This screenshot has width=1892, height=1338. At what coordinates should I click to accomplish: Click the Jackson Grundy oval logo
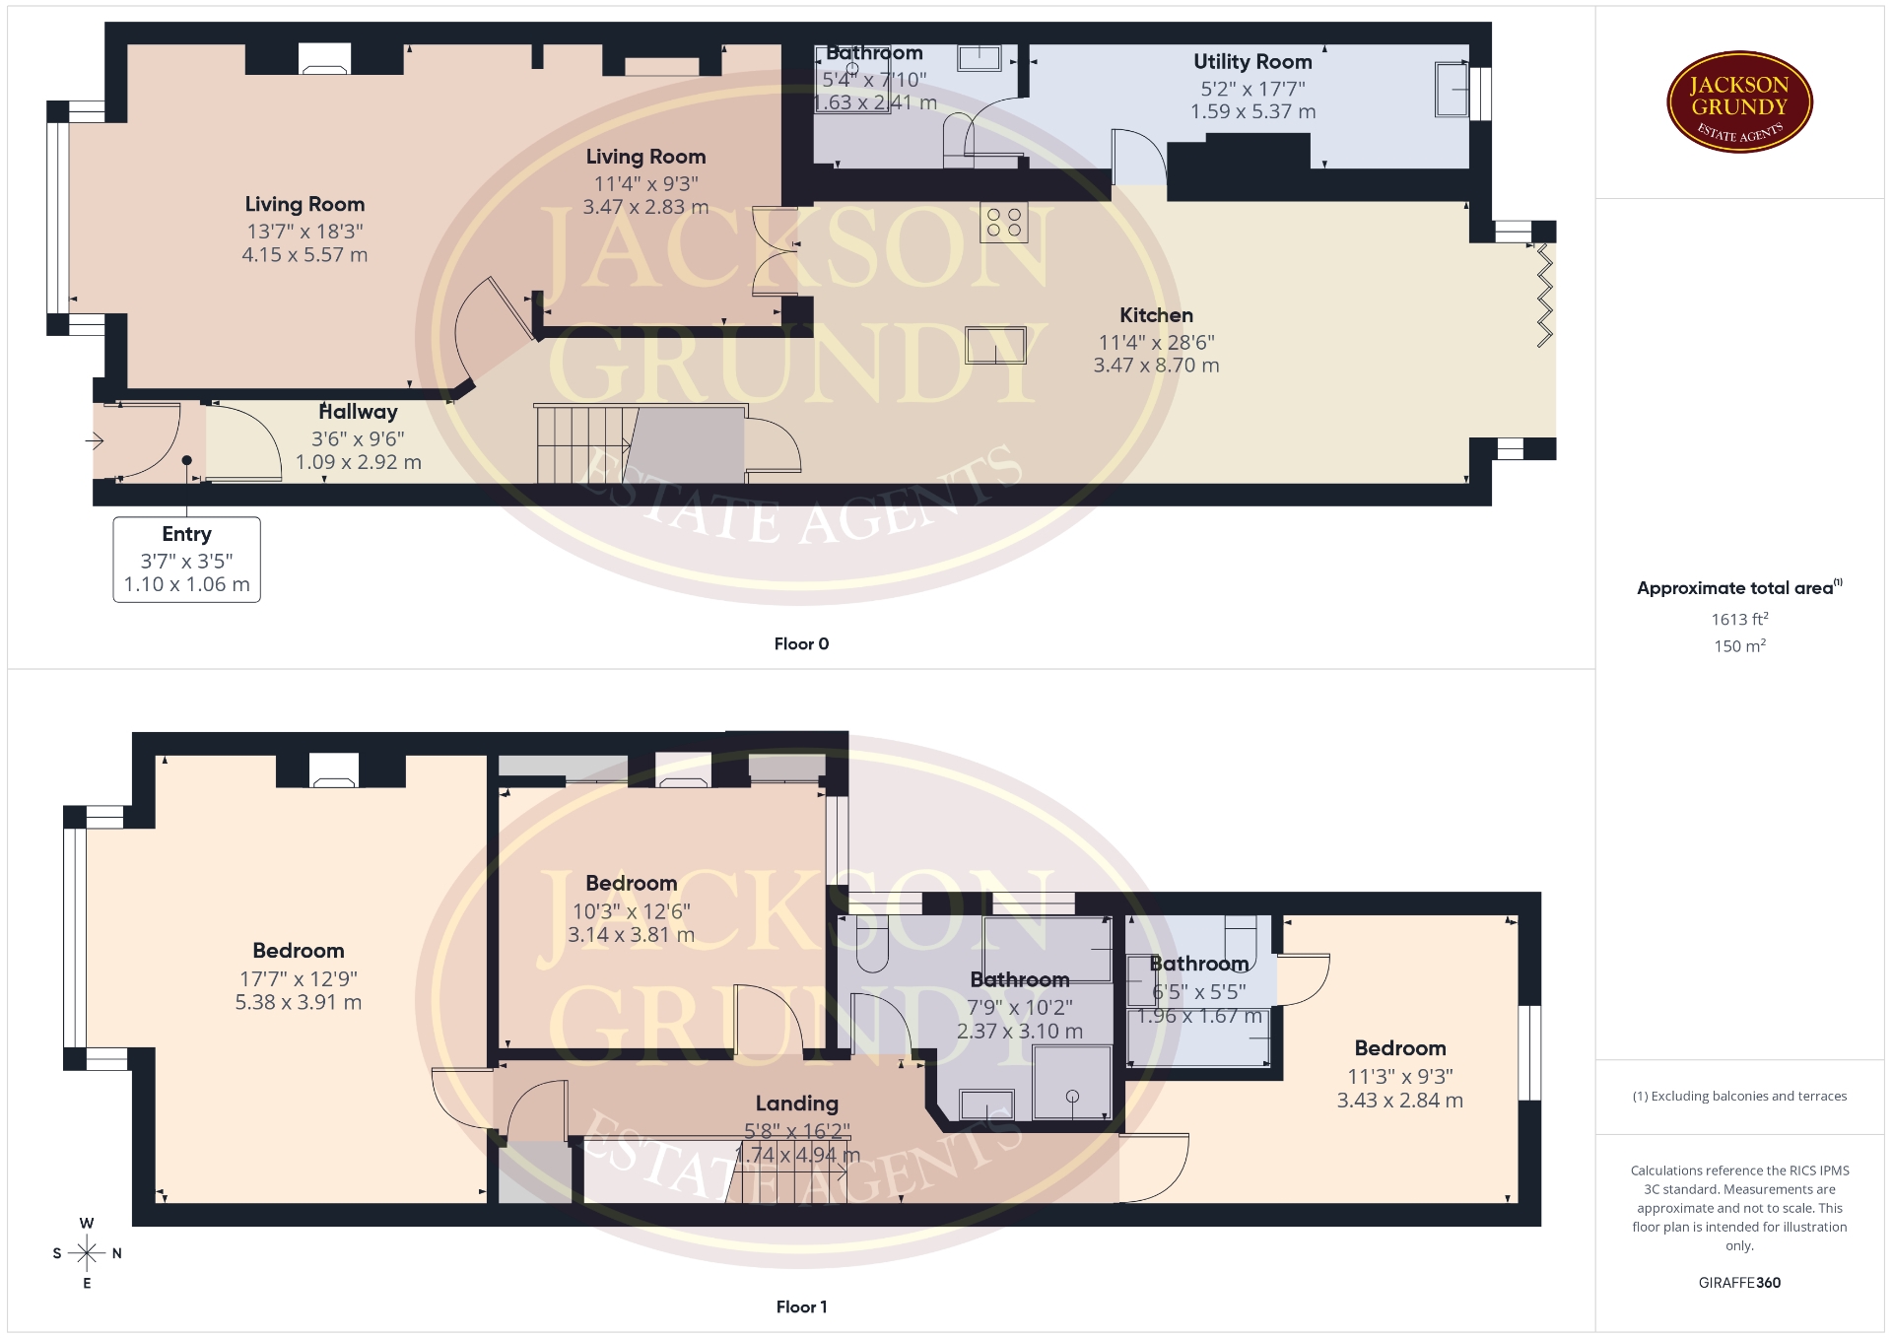pyautogui.click(x=1739, y=102)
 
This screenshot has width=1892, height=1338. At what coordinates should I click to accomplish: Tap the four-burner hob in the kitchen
pyautogui.click(x=1003, y=223)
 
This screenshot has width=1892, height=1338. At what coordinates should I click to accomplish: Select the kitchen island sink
pyautogui.click(x=995, y=345)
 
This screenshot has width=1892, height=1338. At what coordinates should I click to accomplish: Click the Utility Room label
pyautogui.click(x=1252, y=61)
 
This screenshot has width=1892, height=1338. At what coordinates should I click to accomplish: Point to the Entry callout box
pyautogui.click(x=187, y=560)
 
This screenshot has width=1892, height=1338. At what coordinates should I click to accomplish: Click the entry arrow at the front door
pyautogui.click(x=96, y=441)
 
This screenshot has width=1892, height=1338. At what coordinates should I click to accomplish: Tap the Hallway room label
pyautogui.click(x=358, y=412)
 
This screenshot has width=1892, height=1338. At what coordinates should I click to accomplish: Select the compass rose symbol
pyautogui.click(x=87, y=1253)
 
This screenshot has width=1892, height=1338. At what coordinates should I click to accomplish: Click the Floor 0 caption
pyautogui.click(x=801, y=643)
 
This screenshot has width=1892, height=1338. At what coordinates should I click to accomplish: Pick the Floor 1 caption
pyautogui.click(x=801, y=1306)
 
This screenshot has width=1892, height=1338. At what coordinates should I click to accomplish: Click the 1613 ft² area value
pyautogui.click(x=1739, y=619)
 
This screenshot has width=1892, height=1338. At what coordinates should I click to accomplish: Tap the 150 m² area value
pyautogui.click(x=1739, y=646)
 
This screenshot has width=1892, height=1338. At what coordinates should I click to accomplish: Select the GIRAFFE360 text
pyautogui.click(x=1739, y=1282)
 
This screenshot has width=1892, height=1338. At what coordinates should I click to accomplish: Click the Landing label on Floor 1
pyautogui.click(x=797, y=1104)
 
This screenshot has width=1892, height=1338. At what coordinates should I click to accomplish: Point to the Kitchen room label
pyautogui.click(x=1156, y=315)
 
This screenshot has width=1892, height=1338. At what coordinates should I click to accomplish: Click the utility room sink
pyautogui.click(x=1452, y=89)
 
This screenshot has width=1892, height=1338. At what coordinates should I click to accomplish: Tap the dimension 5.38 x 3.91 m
pyautogui.click(x=299, y=1002)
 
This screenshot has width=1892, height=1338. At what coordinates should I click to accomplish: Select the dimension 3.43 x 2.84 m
pyautogui.click(x=1399, y=1101)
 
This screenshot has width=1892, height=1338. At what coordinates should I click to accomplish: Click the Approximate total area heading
pyautogui.click(x=1739, y=588)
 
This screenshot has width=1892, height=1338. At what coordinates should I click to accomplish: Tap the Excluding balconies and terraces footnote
pyautogui.click(x=1739, y=1096)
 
